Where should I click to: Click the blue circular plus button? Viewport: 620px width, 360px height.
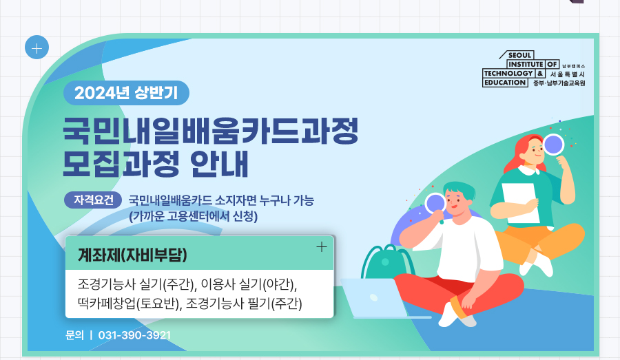point(37,47)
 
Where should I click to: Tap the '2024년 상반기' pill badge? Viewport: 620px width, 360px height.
point(126,93)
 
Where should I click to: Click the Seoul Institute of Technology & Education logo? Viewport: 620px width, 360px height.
point(533,69)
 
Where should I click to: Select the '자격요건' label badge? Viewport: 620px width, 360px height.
point(93,200)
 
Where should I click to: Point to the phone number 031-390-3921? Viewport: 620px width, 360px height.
point(134,335)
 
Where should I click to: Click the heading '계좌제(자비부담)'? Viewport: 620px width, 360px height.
point(132,255)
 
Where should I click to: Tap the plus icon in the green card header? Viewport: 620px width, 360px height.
point(322,247)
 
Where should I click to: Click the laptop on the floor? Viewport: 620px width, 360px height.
point(375,298)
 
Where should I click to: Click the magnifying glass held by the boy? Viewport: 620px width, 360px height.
point(436,207)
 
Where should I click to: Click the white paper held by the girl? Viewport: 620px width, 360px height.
point(520,202)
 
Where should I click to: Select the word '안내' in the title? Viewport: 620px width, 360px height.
point(219,164)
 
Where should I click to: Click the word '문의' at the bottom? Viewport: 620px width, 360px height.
point(74,335)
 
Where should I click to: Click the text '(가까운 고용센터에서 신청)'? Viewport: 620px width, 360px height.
point(194,216)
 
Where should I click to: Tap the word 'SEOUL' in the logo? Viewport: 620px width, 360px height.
point(519,55)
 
